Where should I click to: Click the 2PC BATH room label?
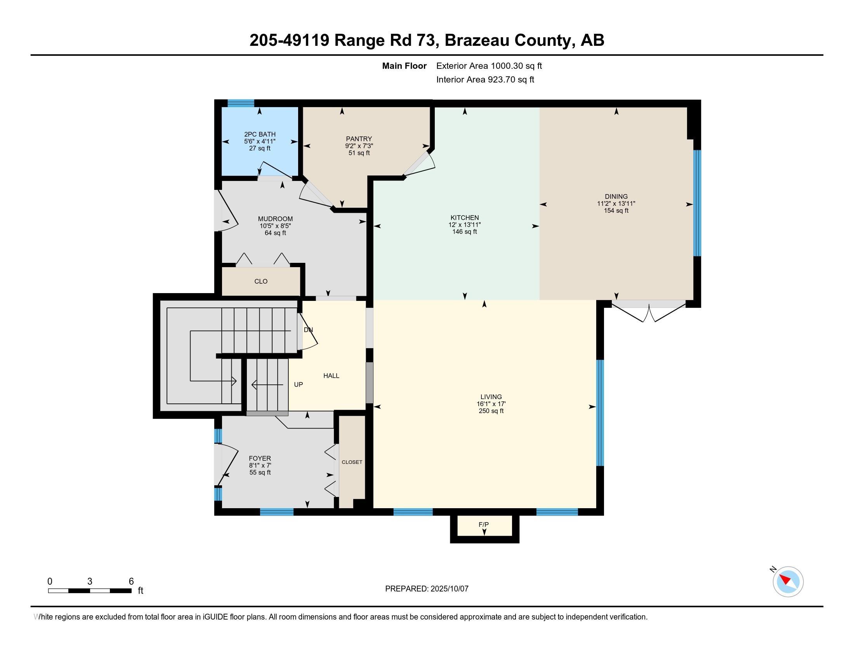tap(260, 134)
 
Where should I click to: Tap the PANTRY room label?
tap(359, 139)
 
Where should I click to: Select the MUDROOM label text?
tap(275, 219)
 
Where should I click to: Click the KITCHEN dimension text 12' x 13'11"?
tap(465, 225)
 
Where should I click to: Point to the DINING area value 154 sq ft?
tap(616, 211)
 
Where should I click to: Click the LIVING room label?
tap(491, 397)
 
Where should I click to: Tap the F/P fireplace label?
tap(484, 525)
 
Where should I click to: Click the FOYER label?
tap(260, 458)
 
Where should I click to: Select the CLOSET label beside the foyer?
tap(352, 462)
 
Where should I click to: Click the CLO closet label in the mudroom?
tap(261, 281)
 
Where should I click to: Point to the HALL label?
tap(331, 376)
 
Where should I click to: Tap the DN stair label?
tap(308, 330)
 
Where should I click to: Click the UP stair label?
tap(299, 385)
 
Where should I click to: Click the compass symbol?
tap(788, 582)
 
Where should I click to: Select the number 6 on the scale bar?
tap(131, 582)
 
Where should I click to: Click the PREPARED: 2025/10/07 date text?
tap(427, 589)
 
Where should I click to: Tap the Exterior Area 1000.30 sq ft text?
tap(489, 66)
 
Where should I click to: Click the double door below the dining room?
tap(649, 311)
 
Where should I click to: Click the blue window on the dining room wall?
tap(697, 203)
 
